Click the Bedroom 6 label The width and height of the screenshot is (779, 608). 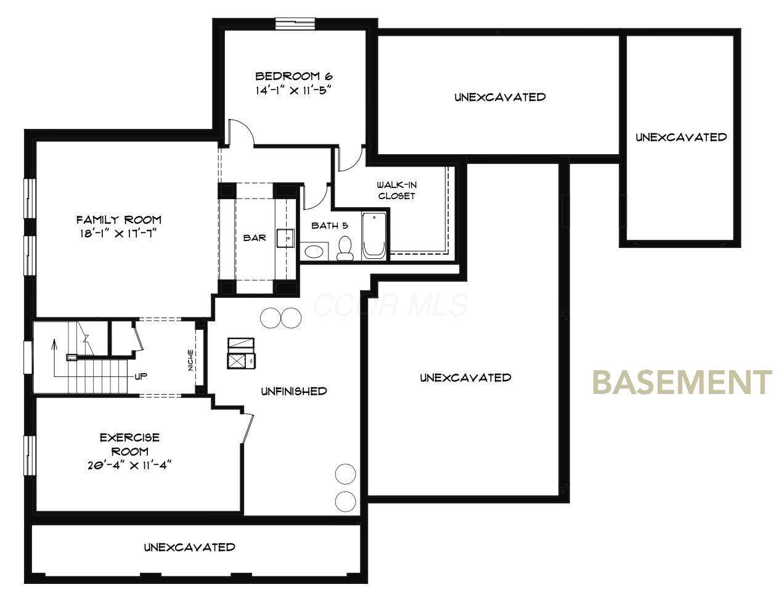point(293,76)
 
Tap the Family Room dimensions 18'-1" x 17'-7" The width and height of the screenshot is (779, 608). point(118,234)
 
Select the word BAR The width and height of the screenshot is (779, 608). point(255,237)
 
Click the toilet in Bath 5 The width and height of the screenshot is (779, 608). point(345,249)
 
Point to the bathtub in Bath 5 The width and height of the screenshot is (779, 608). point(374,236)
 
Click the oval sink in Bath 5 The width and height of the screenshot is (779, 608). point(314,252)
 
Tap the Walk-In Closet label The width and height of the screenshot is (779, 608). point(396,191)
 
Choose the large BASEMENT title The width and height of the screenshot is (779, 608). point(682,383)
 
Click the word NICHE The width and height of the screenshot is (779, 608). point(190,360)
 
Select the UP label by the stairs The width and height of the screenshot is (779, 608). point(141,377)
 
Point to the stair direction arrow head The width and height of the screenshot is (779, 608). point(54,343)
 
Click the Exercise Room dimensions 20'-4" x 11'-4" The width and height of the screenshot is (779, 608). point(130,465)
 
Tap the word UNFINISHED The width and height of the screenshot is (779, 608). point(294,391)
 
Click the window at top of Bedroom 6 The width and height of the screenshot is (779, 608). point(295,23)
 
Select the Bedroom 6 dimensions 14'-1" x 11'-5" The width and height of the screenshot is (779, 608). point(292,90)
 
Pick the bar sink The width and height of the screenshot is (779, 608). point(285,238)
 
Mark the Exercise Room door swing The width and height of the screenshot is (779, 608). point(248,429)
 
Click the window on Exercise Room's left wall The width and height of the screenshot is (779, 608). point(30,456)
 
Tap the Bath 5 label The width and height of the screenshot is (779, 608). point(330,226)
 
